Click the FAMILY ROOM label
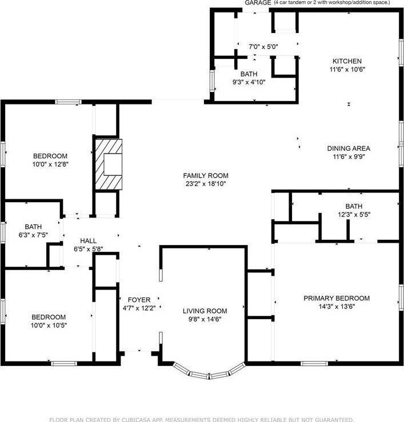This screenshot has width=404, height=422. [206, 175]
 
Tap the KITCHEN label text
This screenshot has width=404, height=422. [347, 61]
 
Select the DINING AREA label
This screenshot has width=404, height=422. [349, 148]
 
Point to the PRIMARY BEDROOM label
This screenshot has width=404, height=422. [337, 298]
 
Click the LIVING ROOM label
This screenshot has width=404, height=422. [205, 311]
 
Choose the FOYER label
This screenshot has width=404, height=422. [139, 300]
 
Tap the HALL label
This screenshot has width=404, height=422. [89, 241]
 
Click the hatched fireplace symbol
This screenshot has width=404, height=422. [109, 164]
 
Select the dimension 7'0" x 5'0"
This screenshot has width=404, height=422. [263, 47]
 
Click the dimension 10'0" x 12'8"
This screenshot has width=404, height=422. [50, 164]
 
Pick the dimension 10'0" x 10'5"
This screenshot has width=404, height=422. [49, 325]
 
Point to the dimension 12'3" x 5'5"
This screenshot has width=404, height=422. [354, 215]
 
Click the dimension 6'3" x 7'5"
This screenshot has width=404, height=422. [33, 235]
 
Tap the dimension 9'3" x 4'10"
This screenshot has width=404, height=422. [249, 82]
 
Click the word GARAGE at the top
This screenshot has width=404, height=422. [258, 3]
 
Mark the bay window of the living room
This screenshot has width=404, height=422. [209, 373]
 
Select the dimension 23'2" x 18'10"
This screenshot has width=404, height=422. [206, 184]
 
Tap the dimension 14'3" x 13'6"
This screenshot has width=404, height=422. [337, 306]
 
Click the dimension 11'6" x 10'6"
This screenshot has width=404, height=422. [347, 70]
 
